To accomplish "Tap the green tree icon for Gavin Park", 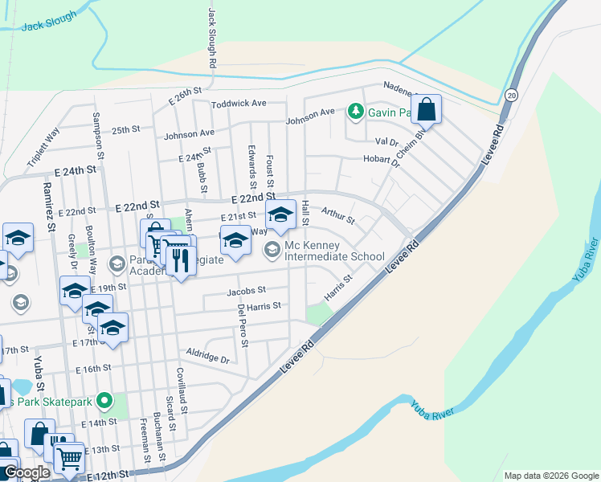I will tap(355, 112).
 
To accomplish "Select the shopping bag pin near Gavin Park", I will tap(427, 110).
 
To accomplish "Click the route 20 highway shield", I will tap(511, 94).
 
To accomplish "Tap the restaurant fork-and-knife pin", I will tap(180, 259).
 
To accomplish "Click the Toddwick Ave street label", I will tap(239, 104).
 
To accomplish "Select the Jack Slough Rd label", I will tap(212, 38).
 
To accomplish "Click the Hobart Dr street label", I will tap(381, 161).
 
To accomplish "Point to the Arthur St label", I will tap(337, 214).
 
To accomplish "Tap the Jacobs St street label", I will tap(245, 291).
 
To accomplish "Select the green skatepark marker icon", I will tap(104, 399).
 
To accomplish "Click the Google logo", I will tap(27, 472).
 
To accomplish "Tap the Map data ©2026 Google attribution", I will tap(550, 476).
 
